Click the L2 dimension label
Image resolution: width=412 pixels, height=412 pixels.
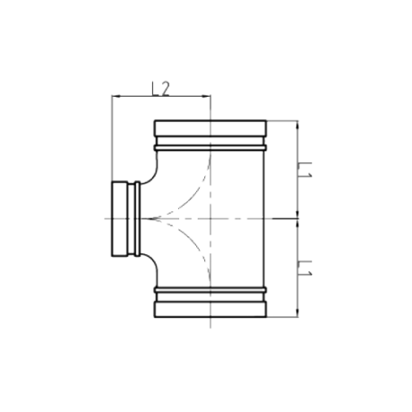[x=160, y=89]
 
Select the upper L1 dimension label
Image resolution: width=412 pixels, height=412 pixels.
[x=305, y=170]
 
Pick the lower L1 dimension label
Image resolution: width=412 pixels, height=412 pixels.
[x=305, y=268]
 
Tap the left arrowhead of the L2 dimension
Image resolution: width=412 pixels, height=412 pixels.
[x=116, y=96]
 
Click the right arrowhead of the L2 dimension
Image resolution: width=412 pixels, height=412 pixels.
[x=207, y=96]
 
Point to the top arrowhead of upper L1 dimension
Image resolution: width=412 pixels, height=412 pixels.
[x=297, y=125]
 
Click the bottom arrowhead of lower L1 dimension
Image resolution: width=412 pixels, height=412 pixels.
[x=297, y=313]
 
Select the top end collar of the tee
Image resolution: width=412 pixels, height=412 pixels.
[x=210, y=128]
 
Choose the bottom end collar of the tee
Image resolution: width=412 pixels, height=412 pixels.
[x=210, y=309]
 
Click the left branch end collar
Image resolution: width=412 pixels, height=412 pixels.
[x=120, y=219]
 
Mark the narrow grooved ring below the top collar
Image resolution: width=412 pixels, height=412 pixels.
[x=210, y=148]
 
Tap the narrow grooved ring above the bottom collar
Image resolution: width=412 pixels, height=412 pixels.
[x=210, y=290]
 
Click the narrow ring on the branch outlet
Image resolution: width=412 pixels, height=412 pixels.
[x=137, y=219]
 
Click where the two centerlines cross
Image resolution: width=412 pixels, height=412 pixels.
[x=210, y=219]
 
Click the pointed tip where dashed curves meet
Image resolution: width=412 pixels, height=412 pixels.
[x=150, y=219]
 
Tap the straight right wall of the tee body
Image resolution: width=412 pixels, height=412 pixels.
[x=264, y=219]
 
